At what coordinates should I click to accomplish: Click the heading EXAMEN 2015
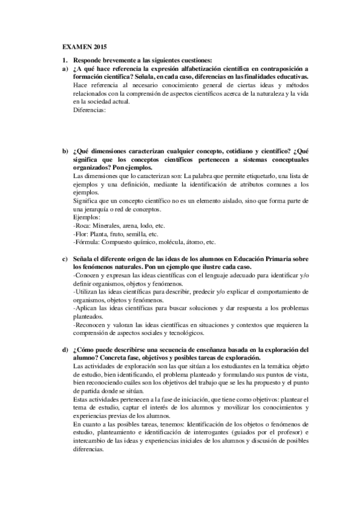pyautogui.click(x=85, y=46)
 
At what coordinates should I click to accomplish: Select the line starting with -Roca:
pyautogui.click(x=114, y=225)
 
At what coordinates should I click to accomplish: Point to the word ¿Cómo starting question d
pyautogui.click(x=85, y=349)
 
